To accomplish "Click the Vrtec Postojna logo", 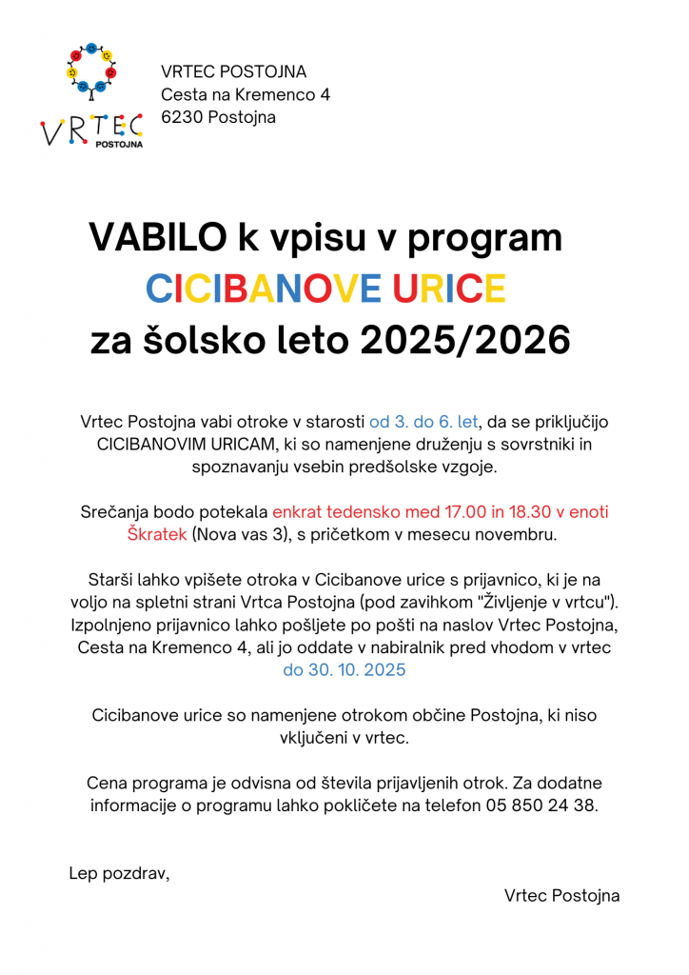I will pos(91,95).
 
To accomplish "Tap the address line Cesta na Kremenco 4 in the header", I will pos(246,95).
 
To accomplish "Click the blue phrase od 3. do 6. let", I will pos(424,422).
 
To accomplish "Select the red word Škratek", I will pos(157,534).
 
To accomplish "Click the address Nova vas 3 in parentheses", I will pos(240,534).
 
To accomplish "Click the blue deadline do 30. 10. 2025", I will pos(344,669).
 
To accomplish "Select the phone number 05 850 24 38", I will pos(541,805).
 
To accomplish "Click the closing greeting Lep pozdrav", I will pos(119,872).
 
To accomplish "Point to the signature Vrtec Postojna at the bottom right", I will pos(561,895).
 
